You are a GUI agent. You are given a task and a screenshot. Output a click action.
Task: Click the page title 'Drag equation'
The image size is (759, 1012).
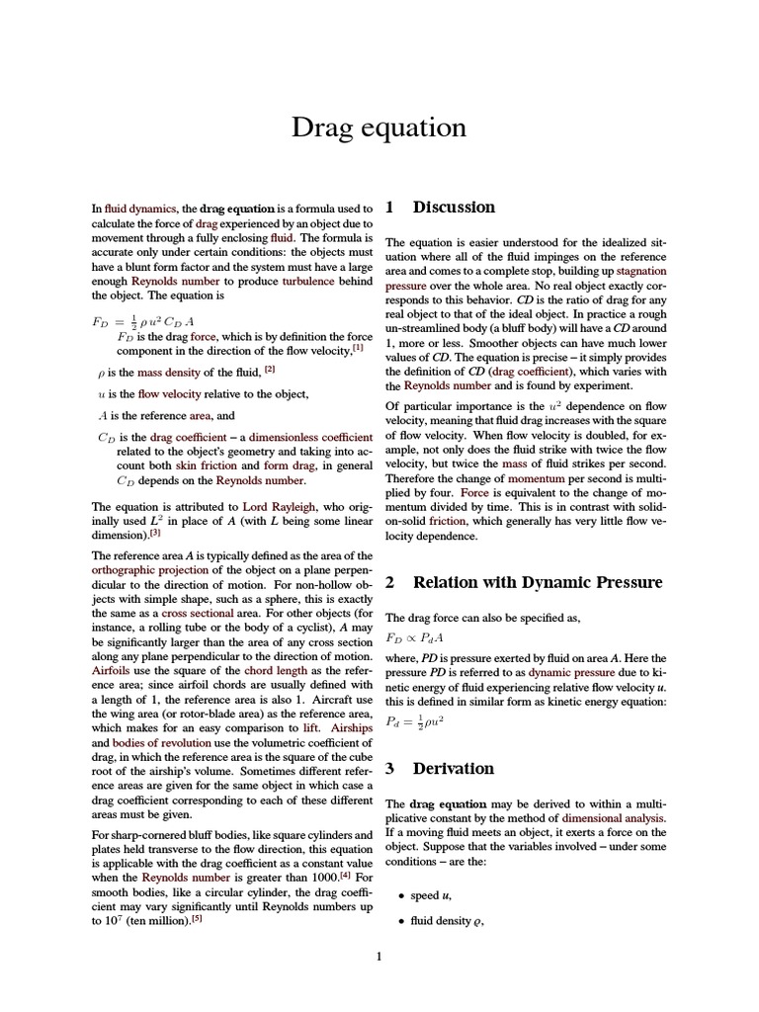(x=379, y=127)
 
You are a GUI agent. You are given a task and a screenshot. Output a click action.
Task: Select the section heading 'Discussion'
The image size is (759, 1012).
(x=454, y=208)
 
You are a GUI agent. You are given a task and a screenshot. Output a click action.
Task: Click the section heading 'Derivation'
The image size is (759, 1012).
(x=453, y=768)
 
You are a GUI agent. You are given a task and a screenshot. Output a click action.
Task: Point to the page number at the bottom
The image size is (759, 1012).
(x=379, y=956)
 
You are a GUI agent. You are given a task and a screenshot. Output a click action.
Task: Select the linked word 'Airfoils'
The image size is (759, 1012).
(x=111, y=668)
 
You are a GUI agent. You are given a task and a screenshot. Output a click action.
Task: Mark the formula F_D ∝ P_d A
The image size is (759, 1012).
(x=415, y=638)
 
